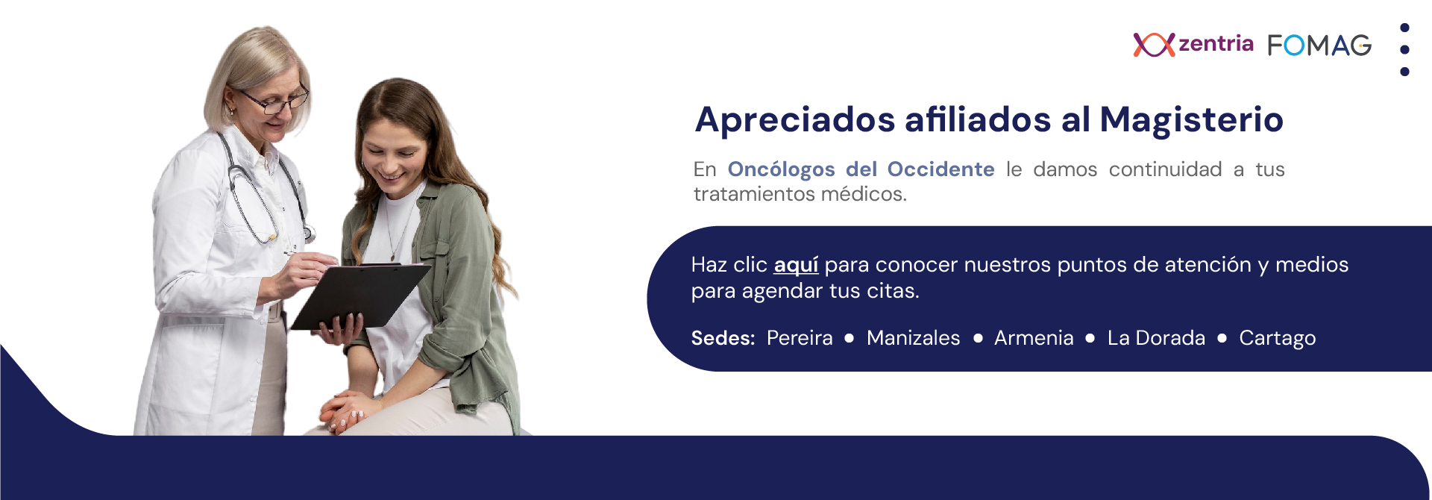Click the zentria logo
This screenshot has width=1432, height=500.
(x=1193, y=45)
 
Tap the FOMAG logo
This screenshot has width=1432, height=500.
(x=1319, y=46)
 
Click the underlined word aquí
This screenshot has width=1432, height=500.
(x=796, y=265)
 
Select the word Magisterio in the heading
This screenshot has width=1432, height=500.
(x=1191, y=119)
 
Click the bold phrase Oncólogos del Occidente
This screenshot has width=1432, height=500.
(x=861, y=169)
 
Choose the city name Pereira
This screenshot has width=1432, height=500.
(x=800, y=338)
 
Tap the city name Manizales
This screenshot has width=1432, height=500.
(x=913, y=338)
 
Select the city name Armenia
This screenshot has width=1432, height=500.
(x=1034, y=338)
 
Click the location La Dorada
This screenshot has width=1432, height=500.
(x=1156, y=338)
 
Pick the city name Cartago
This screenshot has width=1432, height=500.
(x=1277, y=339)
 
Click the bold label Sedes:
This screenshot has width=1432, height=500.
(x=723, y=338)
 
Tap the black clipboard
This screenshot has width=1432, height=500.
(x=359, y=296)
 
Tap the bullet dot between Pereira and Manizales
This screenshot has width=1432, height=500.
(x=850, y=338)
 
